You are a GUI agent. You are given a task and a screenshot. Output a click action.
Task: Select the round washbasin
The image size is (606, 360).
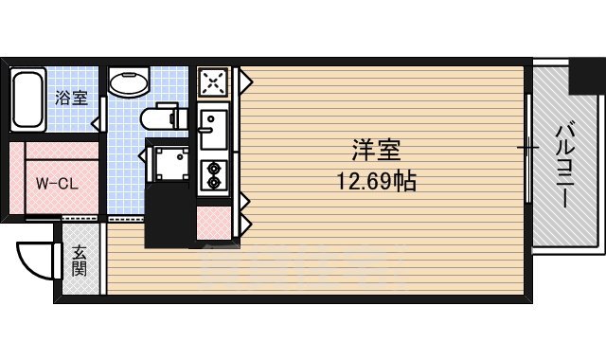pos(128,83)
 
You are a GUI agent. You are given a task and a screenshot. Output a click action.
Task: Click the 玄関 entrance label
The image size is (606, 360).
pos(80,261)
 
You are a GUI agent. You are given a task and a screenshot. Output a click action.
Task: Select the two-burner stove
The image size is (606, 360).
pos(212,174)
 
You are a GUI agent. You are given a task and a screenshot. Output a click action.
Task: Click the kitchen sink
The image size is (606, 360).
pos(211,129)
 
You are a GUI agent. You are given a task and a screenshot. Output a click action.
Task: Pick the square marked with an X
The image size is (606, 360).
pos(213,82)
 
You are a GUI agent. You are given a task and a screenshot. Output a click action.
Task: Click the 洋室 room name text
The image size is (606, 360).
pos(376,151)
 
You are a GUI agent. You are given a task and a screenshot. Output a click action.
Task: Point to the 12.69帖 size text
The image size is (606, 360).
pos(376,179)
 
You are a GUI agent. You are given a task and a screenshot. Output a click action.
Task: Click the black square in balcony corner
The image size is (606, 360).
pos(585,77)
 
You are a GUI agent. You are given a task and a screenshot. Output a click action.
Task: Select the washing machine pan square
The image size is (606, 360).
pos(170,163)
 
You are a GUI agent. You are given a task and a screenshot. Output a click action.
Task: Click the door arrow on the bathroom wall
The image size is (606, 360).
pos(96,122)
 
